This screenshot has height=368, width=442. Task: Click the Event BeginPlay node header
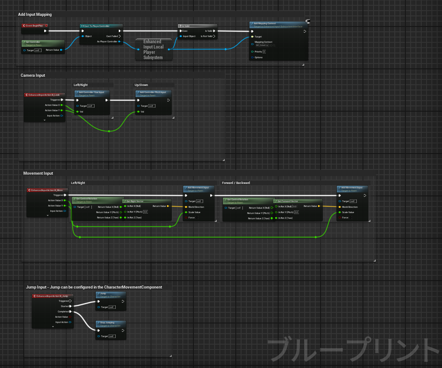pyautogui.click(x=34, y=26)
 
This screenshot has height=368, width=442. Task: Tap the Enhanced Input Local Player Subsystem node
pyautogui.click(x=153, y=49)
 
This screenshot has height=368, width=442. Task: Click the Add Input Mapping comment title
pyautogui.click(x=35, y=15)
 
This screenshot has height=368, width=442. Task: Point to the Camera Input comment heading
pyautogui.click(x=33, y=75)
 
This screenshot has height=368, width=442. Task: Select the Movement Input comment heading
pyautogui.click(x=38, y=173)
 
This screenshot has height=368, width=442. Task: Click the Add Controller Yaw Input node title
pyautogui.click(x=91, y=92)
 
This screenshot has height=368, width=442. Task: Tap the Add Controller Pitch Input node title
pyautogui.click(x=153, y=92)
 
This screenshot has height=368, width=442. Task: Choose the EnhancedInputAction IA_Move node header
pyautogui.click(x=46, y=190)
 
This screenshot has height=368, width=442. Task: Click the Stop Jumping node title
pyautogui.click(x=107, y=323)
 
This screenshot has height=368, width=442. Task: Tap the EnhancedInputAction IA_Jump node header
pyautogui.click(x=52, y=296)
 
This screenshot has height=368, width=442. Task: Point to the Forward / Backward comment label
pyautogui.click(x=236, y=183)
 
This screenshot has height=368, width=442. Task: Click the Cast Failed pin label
pyautogui.click(x=112, y=36)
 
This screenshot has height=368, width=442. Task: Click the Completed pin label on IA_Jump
pyautogui.click(x=63, y=312)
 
